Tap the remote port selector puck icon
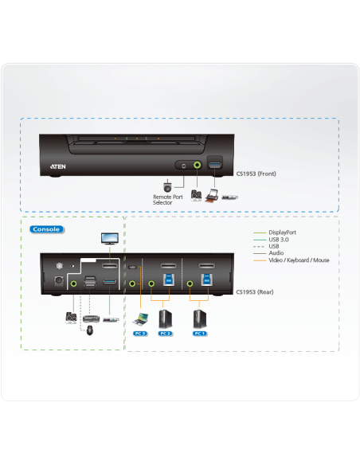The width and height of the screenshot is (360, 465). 167,186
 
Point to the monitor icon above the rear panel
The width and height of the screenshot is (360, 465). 108,238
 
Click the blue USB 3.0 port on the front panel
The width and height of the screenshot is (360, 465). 213,166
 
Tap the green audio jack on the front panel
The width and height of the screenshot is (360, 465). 196,166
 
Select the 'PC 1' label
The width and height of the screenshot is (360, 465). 199,333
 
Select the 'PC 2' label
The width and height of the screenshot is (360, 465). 165,333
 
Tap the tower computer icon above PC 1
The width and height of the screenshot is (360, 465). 199,317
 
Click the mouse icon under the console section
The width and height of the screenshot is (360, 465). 89,329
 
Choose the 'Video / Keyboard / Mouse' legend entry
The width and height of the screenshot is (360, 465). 299,260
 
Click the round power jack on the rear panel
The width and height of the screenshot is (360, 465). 57,280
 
